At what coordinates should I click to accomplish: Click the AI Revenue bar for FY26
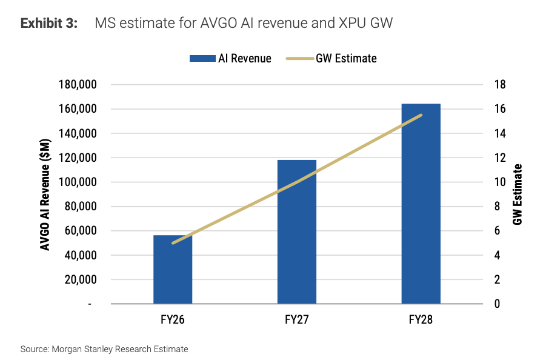[173, 269]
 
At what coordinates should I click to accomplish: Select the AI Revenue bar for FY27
[297, 232]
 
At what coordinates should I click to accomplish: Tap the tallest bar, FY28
[421, 204]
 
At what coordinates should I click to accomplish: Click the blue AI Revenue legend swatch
[202, 59]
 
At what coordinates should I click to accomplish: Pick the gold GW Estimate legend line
[300, 59]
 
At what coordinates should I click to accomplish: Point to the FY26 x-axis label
[173, 319]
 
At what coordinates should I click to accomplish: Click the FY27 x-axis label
[297, 319]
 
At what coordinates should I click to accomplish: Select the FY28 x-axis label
[421, 319]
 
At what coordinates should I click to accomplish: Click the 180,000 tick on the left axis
[78, 84]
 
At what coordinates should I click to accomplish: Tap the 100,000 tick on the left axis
[78, 182]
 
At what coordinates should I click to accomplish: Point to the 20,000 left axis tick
[81, 279]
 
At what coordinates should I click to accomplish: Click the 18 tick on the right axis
[500, 84]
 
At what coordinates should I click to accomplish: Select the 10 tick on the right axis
[500, 182]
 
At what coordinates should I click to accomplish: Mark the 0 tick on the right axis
[498, 304]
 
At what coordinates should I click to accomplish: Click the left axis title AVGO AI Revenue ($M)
[45, 194]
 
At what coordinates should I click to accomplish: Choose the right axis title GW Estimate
[517, 194]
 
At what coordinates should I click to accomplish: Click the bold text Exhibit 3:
[49, 23]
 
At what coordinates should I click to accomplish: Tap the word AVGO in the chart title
[219, 23]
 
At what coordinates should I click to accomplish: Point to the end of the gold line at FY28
[421, 115]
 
